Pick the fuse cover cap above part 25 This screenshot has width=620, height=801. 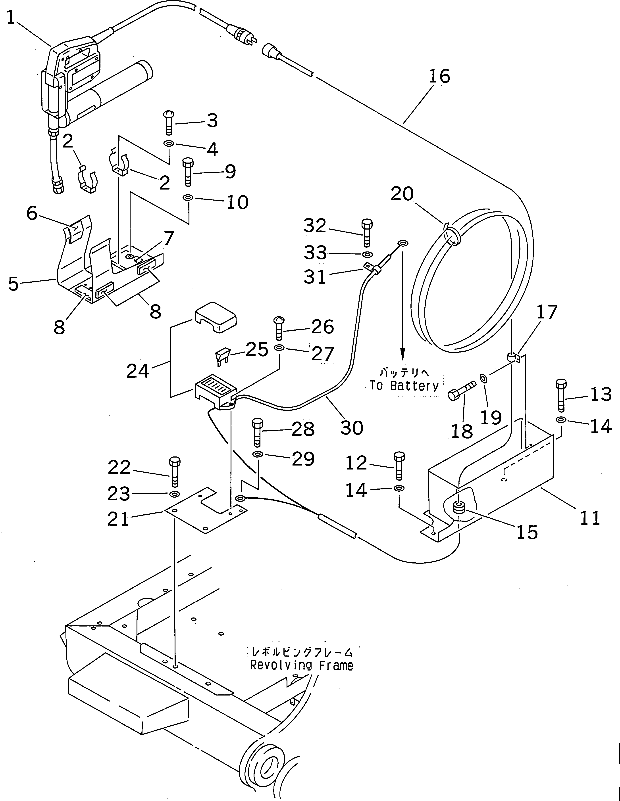(x=215, y=317)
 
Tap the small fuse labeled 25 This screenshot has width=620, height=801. (x=222, y=357)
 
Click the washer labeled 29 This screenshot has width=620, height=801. (x=257, y=455)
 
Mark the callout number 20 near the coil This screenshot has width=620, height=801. (x=402, y=194)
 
